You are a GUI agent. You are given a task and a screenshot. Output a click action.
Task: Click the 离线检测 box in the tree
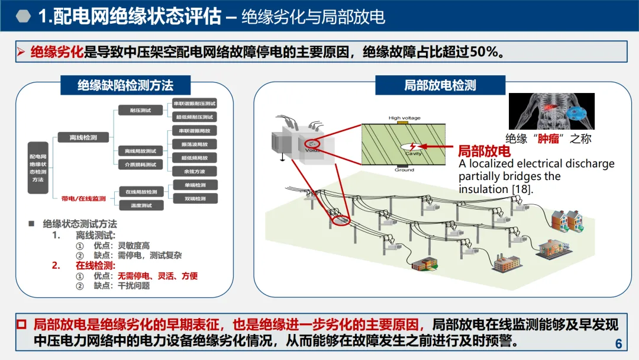[83, 137]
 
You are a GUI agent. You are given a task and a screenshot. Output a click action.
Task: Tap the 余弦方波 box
[194, 172]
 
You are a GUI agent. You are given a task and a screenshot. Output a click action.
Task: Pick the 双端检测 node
[194, 198]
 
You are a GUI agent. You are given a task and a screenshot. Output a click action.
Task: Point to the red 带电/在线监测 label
[83, 199]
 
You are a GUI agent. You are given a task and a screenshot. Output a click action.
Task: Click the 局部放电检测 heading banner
[440, 85]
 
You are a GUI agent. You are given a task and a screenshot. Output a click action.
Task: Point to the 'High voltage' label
[404, 118]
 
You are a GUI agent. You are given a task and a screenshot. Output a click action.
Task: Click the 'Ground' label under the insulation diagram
[404, 170]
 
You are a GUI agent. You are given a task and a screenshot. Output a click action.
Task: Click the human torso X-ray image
[551, 111]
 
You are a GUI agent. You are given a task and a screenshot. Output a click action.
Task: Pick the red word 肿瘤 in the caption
[548, 139]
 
